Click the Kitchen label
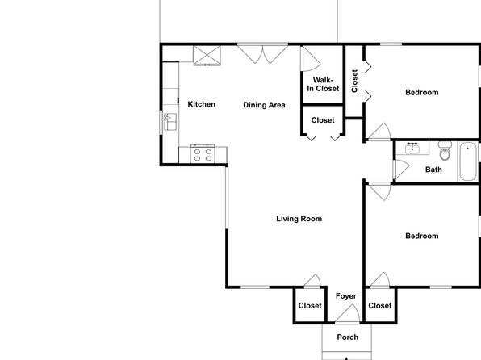[201, 104]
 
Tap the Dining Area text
[264, 105]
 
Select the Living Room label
[299, 219]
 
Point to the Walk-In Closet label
[323, 84]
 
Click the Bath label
[433, 170]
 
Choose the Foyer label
[345, 296]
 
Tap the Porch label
[348, 337]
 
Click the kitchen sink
[170, 122]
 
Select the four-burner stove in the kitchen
[203, 153]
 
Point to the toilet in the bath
[445, 150]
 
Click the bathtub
[467, 161]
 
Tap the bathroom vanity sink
[412, 149]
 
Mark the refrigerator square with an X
[207, 55]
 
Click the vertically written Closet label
[354, 81]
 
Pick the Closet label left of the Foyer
[310, 305]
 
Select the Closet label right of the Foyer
[380, 305]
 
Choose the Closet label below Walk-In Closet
[323, 120]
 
